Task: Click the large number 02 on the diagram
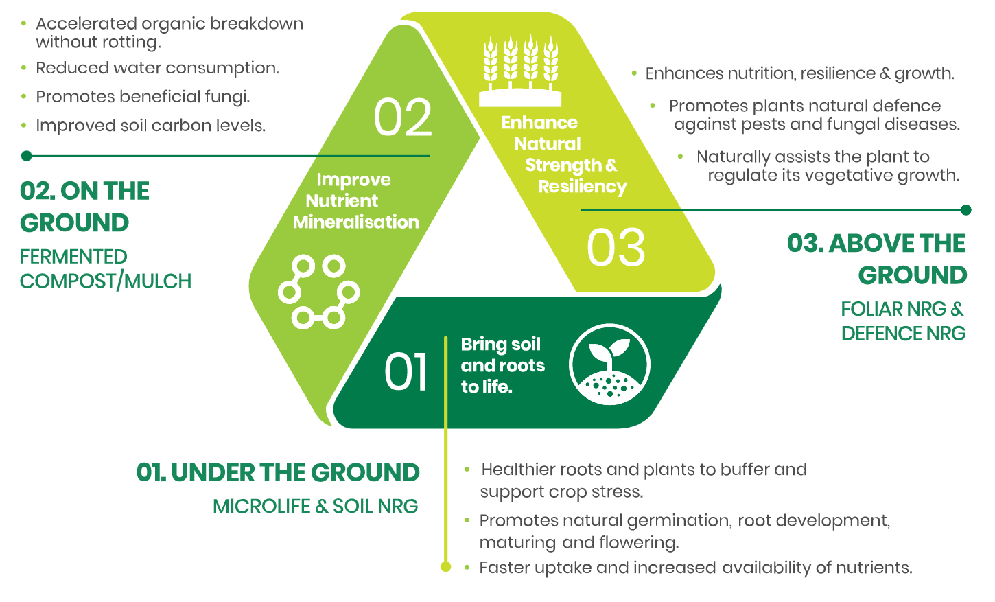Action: click(x=402, y=117)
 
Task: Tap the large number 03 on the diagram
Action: click(x=616, y=248)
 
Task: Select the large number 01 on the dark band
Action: click(x=406, y=372)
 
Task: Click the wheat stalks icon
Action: click(x=520, y=71)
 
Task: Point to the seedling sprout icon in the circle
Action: click(x=610, y=364)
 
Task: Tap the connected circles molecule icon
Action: click(x=319, y=292)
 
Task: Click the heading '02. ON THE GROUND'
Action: click(x=84, y=207)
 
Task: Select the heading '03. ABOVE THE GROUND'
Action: click(x=877, y=259)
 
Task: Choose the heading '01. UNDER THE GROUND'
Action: click(x=278, y=472)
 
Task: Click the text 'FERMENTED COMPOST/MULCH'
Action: click(x=106, y=269)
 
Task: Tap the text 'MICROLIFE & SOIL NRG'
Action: click(x=316, y=507)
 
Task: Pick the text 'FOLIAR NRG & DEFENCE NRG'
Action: click(x=903, y=321)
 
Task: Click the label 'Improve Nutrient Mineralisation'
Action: click(x=356, y=201)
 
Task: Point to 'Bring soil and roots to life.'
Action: click(x=503, y=365)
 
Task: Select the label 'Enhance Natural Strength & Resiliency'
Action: click(x=563, y=154)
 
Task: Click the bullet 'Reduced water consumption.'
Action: click(x=157, y=68)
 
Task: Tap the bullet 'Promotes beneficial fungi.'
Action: click(x=143, y=97)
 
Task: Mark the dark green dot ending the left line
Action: click(x=27, y=156)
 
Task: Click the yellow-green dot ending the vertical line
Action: click(x=445, y=567)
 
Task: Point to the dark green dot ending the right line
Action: click(x=965, y=209)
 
